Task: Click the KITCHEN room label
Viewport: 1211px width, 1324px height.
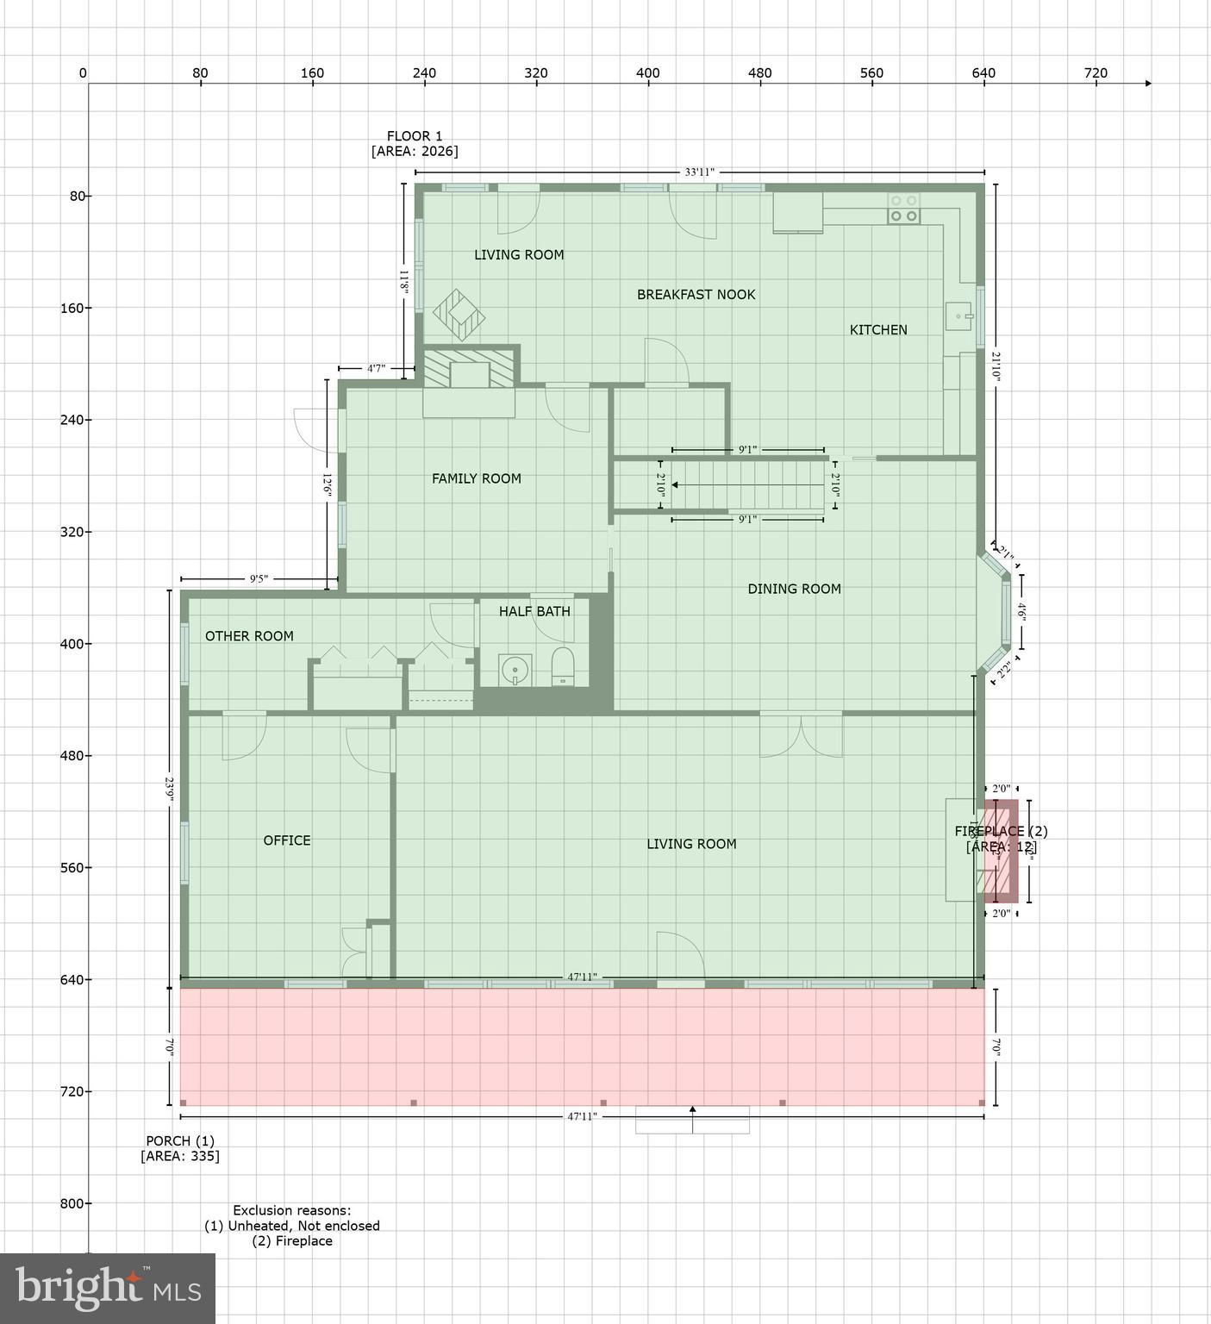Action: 878,330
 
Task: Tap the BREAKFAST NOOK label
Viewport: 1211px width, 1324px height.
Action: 696,295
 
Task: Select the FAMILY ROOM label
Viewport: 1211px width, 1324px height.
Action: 476,479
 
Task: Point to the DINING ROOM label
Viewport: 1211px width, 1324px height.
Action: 794,590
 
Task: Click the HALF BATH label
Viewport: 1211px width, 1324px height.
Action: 534,612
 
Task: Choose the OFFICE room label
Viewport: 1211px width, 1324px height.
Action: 287,840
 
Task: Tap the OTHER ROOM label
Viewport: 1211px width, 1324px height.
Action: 249,636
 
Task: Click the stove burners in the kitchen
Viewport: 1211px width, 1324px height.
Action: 903,208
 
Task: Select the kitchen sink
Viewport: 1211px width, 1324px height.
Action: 958,316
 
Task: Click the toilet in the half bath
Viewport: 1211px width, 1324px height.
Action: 562,667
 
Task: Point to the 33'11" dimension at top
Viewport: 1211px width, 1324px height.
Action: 699,172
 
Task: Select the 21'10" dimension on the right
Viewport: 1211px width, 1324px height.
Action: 996,365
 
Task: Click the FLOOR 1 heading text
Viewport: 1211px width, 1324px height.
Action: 414,136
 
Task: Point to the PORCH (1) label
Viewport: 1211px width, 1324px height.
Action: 180,1141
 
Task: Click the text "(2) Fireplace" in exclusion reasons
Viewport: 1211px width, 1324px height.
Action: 291,1241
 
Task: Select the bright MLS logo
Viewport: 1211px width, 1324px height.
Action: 108,1288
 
